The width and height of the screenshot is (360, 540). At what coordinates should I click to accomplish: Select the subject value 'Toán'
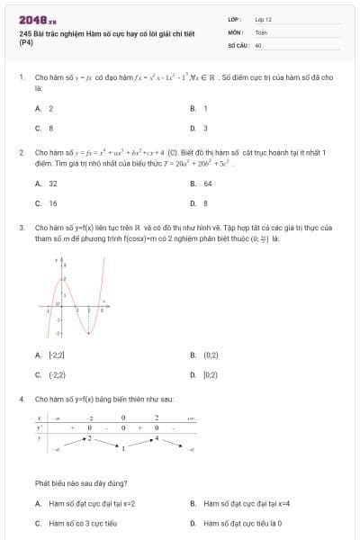click(x=261, y=31)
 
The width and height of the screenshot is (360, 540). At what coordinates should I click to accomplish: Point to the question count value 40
click(x=258, y=44)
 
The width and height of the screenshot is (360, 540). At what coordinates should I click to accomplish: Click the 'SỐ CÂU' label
click(x=238, y=44)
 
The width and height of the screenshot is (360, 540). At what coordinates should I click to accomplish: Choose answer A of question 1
click(x=44, y=108)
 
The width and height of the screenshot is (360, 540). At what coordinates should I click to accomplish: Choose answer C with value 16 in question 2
click(x=47, y=202)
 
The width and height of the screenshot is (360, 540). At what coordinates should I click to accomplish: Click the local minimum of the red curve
click(x=89, y=333)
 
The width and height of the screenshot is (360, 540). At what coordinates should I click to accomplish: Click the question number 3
click(x=21, y=228)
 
